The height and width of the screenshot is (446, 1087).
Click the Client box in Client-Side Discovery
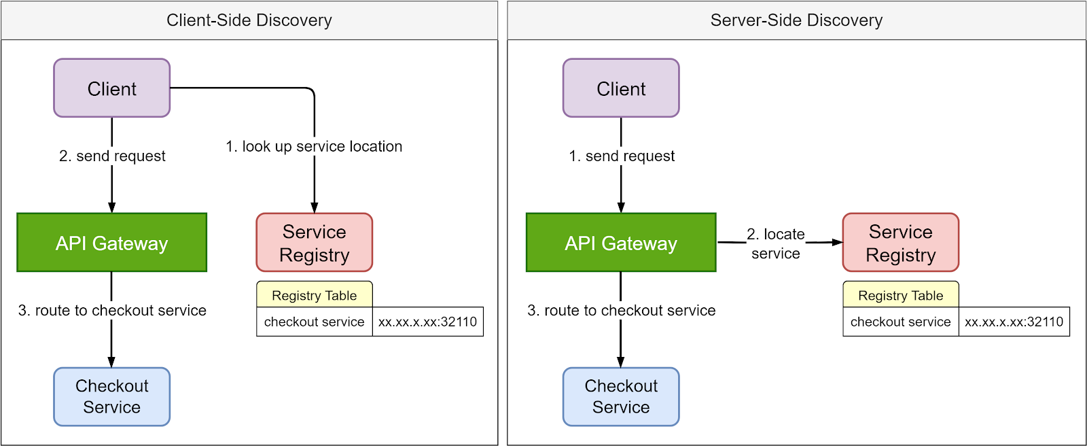tap(112, 88)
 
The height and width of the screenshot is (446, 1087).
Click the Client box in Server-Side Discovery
tap(621, 88)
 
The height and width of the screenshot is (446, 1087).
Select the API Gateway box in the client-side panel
tap(112, 243)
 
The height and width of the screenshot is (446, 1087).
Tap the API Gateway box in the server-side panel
tap(621, 243)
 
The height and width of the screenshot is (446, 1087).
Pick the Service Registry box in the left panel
tap(315, 243)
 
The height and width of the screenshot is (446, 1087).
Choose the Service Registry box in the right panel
tap(901, 243)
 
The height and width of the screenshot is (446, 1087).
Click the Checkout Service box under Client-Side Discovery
tap(112, 397)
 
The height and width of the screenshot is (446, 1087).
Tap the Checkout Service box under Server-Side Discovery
tap(621, 397)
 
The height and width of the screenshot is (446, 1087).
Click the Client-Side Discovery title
tap(249, 20)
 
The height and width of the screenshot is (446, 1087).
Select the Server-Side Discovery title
tap(796, 20)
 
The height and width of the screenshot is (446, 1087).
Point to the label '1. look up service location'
tap(314, 146)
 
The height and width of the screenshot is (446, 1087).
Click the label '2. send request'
tap(112, 156)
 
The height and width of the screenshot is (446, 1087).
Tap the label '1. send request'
tap(622, 156)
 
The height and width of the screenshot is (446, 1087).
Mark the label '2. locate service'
tap(776, 243)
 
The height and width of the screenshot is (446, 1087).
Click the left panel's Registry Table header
tap(315, 295)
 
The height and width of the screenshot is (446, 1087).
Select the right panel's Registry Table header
tap(901, 295)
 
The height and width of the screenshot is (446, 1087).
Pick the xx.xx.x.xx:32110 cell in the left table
tap(428, 322)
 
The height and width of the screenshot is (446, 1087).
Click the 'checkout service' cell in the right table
tap(901, 322)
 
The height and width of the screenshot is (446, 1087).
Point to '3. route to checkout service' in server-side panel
tap(622, 310)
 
